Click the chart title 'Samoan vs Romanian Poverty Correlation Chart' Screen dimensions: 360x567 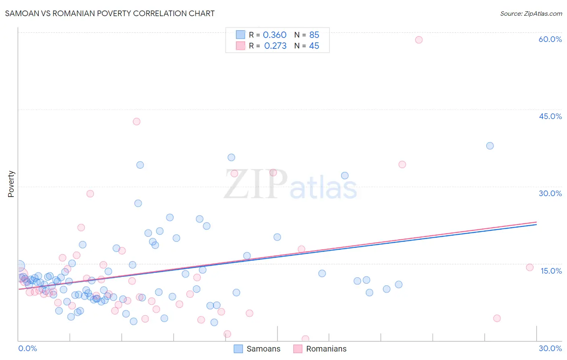point(110,13)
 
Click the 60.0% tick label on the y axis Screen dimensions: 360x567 point(550,39)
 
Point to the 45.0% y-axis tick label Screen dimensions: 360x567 point(550,116)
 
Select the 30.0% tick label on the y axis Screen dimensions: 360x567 point(550,193)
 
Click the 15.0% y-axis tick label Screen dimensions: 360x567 point(551,271)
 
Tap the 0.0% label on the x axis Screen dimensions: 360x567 point(27,348)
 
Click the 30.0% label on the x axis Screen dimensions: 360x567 point(550,348)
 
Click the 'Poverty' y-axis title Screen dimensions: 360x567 point(11,184)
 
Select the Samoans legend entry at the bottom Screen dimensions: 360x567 point(257,349)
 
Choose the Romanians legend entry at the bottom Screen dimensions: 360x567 point(320,349)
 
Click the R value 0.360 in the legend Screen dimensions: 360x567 point(275,35)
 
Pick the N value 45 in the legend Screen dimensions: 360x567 point(314,46)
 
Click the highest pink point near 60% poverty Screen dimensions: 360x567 point(419,40)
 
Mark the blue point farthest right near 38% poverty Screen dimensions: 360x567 point(490,146)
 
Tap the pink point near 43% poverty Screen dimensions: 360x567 point(136,121)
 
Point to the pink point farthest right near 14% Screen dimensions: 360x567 point(529,267)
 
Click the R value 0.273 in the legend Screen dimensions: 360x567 point(275,46)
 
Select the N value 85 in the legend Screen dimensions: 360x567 point(314,35)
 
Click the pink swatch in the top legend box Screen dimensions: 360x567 point(240,46)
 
